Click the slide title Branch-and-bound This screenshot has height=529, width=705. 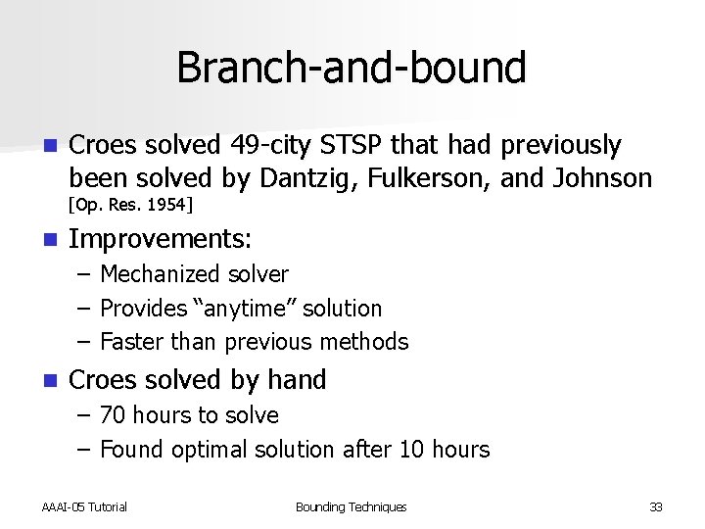point(352,68)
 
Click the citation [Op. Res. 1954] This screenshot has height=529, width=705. point(130,205)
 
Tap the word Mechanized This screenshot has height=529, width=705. point(162,275)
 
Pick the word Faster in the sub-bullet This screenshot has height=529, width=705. point(132,342)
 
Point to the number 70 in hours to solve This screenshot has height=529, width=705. point(114,415)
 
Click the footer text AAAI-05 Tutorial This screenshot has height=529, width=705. point(84,506)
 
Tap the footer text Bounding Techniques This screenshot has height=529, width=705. point(351,506)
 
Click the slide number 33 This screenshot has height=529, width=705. point(655,506)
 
